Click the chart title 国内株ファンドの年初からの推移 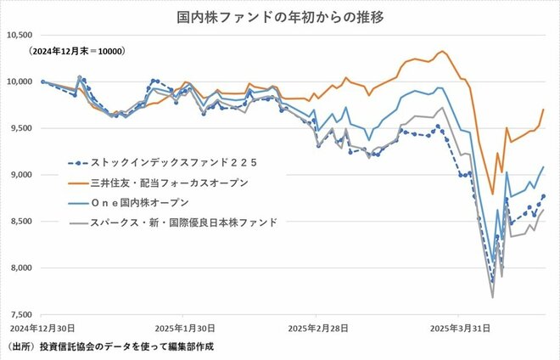click(280, 17)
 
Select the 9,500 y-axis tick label click(20, 128)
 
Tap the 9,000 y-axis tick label click(20, 175)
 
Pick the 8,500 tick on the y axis click(20, 221)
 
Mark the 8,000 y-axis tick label click(20, 267)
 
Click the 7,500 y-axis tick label click(20, 314)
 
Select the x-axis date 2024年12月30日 click(42, 327)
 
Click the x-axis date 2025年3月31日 click(459, 327)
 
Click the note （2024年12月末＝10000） click(77, 52)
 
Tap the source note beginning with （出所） click(110, 347)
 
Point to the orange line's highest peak click(441, 52)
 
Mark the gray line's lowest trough click(492, 297)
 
